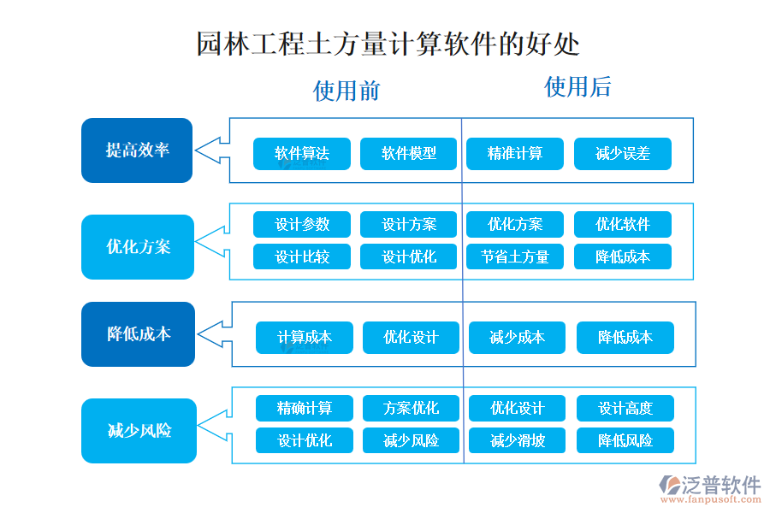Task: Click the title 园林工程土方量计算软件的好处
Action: (388, 44)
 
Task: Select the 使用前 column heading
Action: (346, 91)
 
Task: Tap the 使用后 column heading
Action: (577, 86)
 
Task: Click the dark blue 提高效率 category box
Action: (137, 150)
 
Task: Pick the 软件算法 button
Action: (301, 154)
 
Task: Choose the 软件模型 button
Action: (408, 154)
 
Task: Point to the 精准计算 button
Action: (515, 154)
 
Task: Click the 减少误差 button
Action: (622, 154)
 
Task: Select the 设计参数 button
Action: (301, 225)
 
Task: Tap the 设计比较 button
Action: (301, 256)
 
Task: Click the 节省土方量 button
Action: (515, 256)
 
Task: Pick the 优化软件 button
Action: (622, 225)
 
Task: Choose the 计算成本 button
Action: (304, 338)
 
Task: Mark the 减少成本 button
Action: (517, 338)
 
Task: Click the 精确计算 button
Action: (304, 409)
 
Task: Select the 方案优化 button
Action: (411, 409)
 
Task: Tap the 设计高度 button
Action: (625, 409)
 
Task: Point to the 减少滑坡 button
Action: (517, 441)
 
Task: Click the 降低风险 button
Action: (625, 441)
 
